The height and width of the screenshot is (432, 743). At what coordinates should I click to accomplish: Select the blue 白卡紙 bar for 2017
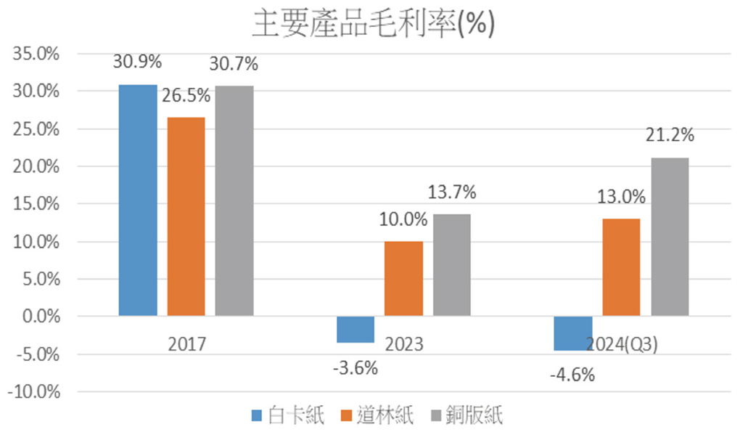[x=138, y=200]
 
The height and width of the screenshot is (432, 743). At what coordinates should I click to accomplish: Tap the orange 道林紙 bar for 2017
[x=186, y=216]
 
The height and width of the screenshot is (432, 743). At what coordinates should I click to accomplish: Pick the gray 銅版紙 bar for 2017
[x=234, y=200]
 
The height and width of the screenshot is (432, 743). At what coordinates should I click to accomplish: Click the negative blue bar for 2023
[x=356, y=329]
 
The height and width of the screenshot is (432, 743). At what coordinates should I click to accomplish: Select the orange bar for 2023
[x=403, y=279]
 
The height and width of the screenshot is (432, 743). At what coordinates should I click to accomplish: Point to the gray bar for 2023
[x=452, y=265]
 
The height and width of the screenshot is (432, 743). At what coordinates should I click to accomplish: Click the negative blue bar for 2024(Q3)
[x=573, y=333]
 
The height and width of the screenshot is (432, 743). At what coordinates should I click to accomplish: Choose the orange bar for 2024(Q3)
[x=621, y=267]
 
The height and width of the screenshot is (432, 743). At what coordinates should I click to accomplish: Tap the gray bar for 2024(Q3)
[x=670, y=237]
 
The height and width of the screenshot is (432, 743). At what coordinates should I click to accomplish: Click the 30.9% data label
[x=137, y=62]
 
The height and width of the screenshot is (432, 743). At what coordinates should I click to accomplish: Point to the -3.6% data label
[x=355, y=368]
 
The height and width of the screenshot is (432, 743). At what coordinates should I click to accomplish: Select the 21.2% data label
[x=670, y=135]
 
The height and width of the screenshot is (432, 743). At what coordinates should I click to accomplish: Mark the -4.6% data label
[x=572, y=375]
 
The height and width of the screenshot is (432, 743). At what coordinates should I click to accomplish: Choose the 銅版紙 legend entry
[x=468, y=416]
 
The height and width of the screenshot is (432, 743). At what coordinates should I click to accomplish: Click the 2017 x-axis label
[x=186, y=343]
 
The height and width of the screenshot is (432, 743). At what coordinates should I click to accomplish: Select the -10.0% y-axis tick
[x=35, y=392]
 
